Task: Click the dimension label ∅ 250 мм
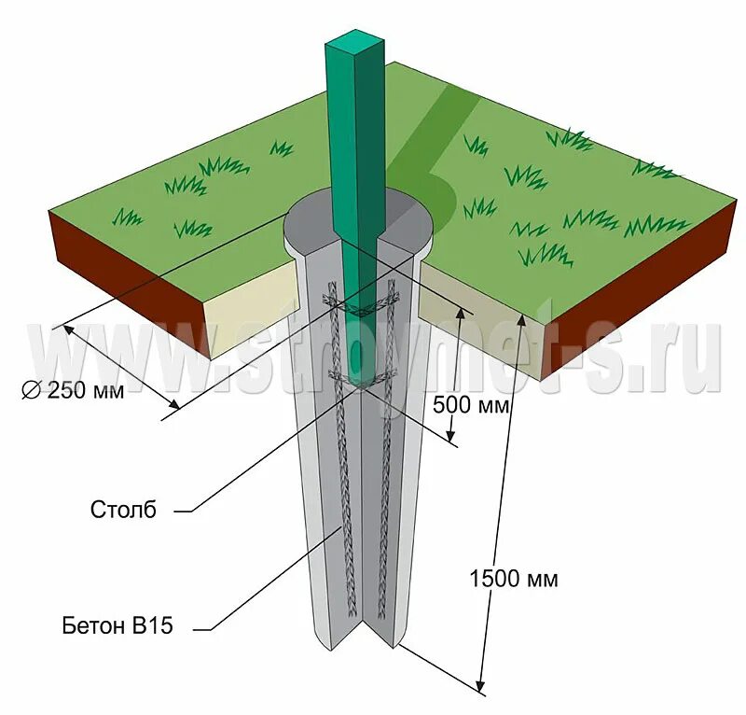pyautogui.click(x=73, y=391)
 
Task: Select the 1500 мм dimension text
pyautogui.click(x=513, y=579)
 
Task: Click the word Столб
pyautogui.click(x=124, y=510)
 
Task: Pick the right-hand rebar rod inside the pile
pyautogui.click(x=383, y=523)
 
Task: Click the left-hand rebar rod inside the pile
pyautogui.click(x=347, y=523)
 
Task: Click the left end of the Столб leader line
pyautogui.click(x=176, y=511)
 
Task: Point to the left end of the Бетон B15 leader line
pyautogui.click(x=197, y=627)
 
